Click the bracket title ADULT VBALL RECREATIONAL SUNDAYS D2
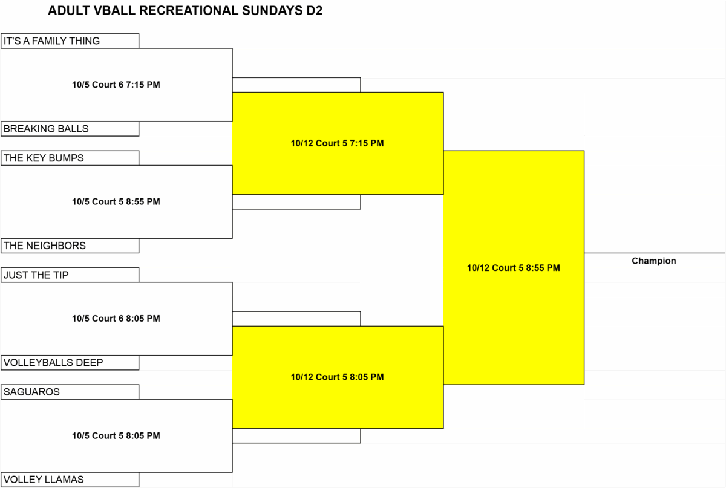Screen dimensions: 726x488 (x=185, y=11)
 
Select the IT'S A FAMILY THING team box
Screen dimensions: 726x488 (x=70, y=41)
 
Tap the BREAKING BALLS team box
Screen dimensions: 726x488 (x=70, y=129)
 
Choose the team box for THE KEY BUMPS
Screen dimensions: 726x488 (x=70, y=158)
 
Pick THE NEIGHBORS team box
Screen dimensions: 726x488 (x=70, y=246)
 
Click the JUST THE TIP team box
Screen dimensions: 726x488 (x=70, y=275)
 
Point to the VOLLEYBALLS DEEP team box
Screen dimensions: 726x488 (x=70, y=363)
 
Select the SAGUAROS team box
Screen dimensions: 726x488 (x=70, y=392)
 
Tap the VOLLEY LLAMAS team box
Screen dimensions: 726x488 (x=70, y=480)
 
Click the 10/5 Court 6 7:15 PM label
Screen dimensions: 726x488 (x=116, y=85)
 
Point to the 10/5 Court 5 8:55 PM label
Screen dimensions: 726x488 (x=116, y=201)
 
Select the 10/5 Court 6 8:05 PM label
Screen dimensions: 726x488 (x=116, y=319)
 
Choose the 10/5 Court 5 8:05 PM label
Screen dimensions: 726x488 (x=116, y=435)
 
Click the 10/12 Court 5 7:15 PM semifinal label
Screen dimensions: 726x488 (x=337, y=143)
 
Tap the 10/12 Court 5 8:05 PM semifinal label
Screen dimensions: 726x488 (x=337, y=377)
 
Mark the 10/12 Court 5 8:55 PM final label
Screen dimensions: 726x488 (x=514, y=268)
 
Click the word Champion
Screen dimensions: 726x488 (x=654, y=261)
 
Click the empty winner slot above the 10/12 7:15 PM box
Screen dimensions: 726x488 (x=296, y=85)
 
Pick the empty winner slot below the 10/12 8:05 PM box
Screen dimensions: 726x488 (x=296, y=436)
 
